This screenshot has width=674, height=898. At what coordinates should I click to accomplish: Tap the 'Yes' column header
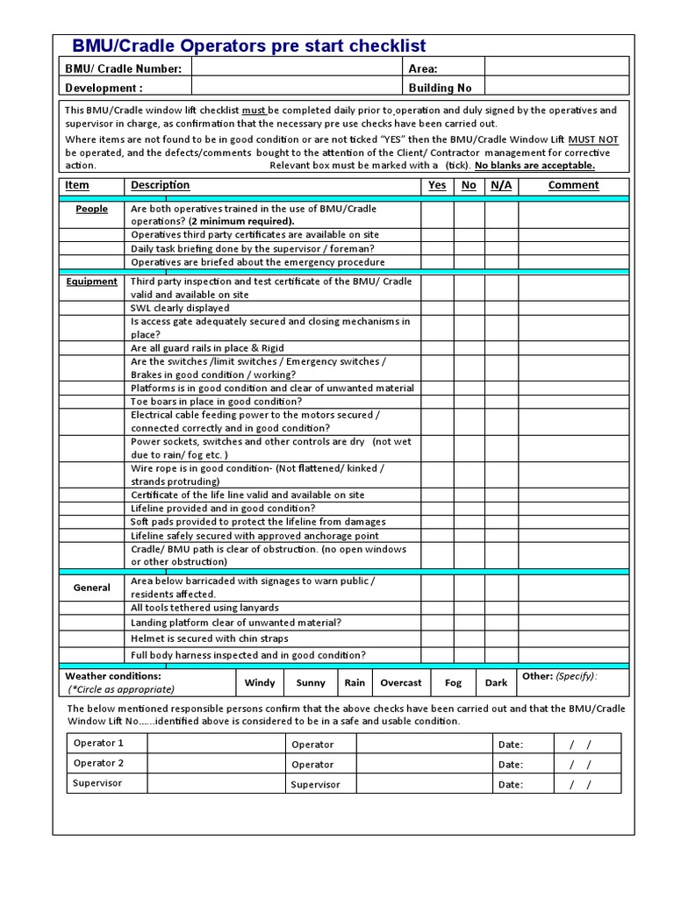click(436, 185)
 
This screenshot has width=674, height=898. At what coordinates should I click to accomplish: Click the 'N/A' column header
click(501, 185)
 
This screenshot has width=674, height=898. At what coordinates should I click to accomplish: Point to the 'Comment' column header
click(573, 185)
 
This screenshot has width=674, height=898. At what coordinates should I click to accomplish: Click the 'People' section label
click(92, 209)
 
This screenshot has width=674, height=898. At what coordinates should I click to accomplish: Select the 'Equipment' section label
click(92, 282)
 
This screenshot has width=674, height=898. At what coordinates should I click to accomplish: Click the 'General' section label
click(92, 588)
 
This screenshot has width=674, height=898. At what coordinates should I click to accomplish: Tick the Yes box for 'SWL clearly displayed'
click(436, 308)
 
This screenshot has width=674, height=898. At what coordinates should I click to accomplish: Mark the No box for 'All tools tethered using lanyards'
click(469, 608)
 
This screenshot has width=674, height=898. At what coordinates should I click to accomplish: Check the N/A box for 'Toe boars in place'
click(501, 401)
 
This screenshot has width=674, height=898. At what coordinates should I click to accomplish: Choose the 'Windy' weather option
click(260, 682)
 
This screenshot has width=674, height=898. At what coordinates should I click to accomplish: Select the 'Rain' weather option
click(355, 682)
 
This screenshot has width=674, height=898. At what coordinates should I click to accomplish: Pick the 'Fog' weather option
click(453, 682)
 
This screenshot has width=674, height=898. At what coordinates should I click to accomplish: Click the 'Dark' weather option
click(497, 682)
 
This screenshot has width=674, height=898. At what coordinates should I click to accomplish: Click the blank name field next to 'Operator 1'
click(216, 744)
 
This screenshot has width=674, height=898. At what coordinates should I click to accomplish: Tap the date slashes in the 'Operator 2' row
click(581, 764)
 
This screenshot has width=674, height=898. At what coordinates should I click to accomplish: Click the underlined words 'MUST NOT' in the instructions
click(592, 139)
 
